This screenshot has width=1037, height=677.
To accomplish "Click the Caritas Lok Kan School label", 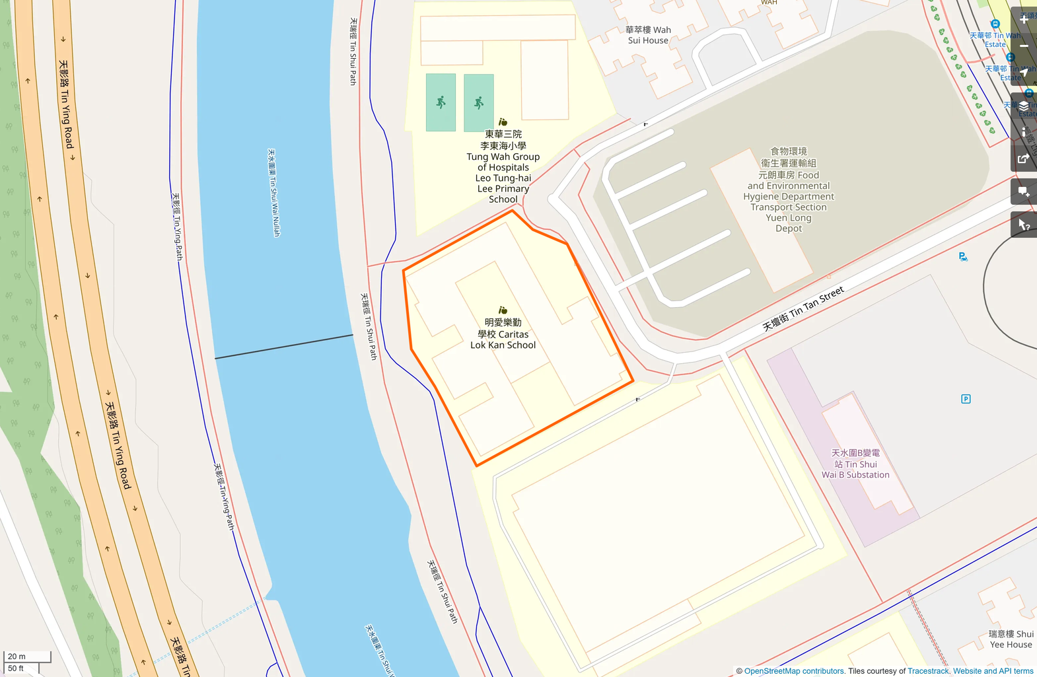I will [x=503, y=334].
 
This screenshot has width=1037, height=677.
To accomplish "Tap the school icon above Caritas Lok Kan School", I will [x=503, y=310].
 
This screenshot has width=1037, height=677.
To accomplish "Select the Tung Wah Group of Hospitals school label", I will [x=503, y=166].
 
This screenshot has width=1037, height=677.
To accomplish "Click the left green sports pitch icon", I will [x=441, y=102].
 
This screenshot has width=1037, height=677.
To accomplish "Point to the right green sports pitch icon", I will [x=479, y=102].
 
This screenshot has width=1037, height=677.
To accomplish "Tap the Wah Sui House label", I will [x=648, y=35].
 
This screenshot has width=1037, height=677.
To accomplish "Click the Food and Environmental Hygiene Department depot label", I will [x=789, y=190].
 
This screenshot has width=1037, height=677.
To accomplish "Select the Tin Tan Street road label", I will [x=803, y=308].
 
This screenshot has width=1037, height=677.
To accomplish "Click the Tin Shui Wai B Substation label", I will [x=855, y=464].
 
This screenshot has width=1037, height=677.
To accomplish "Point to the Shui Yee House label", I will [x=1011, y=639].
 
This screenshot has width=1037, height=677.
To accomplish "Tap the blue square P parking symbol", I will [x=966, y=399].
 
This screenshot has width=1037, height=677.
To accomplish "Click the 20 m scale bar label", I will [x=17, y=657].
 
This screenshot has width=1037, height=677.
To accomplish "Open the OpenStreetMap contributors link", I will [x=794, y=671].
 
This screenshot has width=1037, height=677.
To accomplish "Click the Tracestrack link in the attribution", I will [x=928, y=671].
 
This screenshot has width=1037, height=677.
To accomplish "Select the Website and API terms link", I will [x=993, y=671].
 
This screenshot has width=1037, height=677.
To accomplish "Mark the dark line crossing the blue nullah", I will [x=284, y=347].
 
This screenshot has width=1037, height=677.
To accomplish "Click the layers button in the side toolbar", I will [x=1024, y=106].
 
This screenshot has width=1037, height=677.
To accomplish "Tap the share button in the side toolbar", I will [x=1024, y=159].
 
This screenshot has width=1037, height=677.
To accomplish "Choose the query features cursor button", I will [x=1024, y=225].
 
